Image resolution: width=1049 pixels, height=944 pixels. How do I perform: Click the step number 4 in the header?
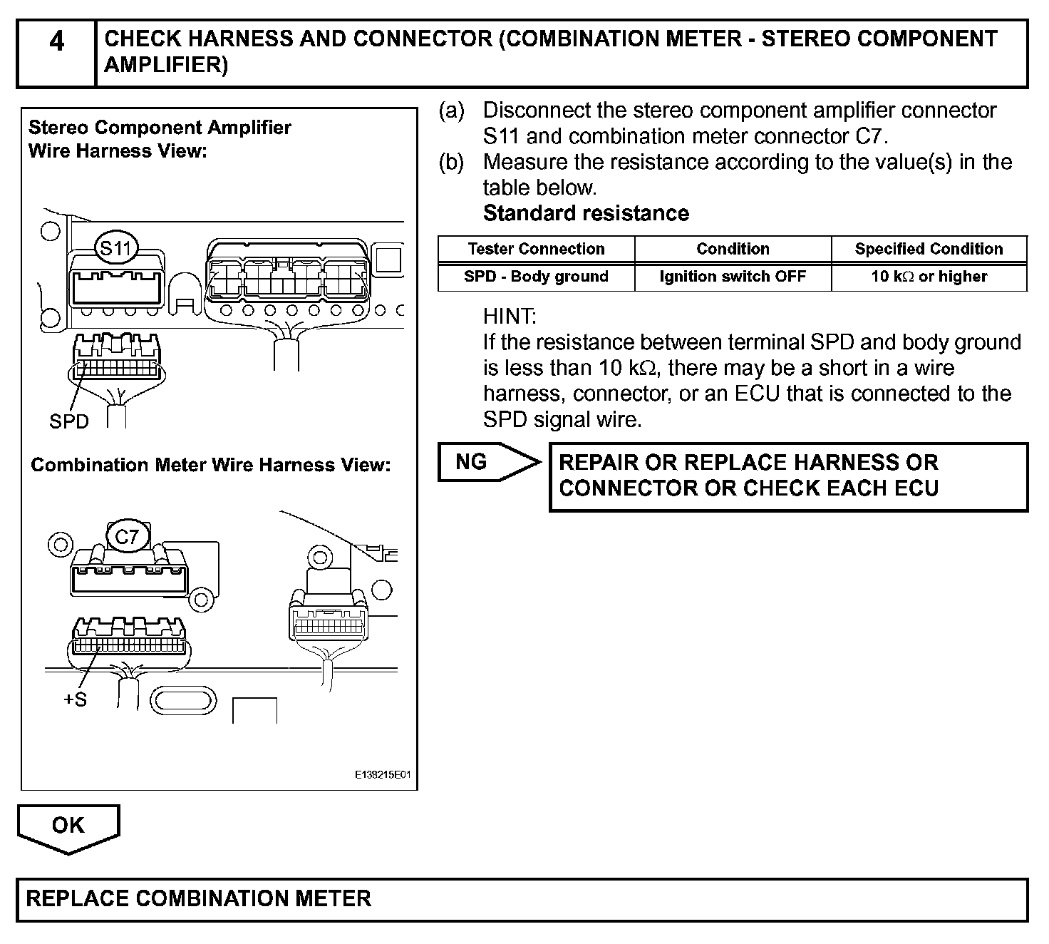(56, 43)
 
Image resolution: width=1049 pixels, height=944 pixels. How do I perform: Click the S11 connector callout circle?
(116, 248)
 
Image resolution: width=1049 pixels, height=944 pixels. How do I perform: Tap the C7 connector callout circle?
(127, 536)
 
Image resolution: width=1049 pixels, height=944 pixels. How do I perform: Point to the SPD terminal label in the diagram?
(69, 422)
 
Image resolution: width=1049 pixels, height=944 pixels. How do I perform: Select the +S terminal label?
(75, 699)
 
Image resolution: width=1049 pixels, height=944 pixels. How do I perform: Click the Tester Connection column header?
(536, 249)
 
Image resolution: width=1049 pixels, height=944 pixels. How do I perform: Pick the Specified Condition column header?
(929, 249)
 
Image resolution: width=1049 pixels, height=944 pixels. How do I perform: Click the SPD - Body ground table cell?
(536, 277)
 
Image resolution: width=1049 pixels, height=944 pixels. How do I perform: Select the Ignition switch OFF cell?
(733, 277)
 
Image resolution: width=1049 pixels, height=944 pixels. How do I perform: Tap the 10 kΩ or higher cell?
(929, 277)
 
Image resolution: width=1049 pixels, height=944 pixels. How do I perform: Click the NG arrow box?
(488, 462)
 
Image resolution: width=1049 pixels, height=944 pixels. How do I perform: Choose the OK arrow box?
(68, 827)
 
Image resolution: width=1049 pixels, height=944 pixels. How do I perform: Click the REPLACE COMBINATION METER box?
(522, 899)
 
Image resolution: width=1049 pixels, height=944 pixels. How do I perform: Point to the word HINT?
(510, 316)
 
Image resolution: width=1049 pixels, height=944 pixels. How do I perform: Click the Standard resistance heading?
(586, 213)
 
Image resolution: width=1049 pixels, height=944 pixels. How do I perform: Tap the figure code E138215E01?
(383, 774)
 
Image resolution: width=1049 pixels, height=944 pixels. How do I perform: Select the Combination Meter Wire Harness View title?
(211, 466)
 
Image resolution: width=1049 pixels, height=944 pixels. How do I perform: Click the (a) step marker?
(452, 111)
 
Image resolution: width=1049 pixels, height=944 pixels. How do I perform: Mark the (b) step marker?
(452, 163)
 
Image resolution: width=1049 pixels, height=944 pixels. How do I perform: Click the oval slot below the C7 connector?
(183, 700)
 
